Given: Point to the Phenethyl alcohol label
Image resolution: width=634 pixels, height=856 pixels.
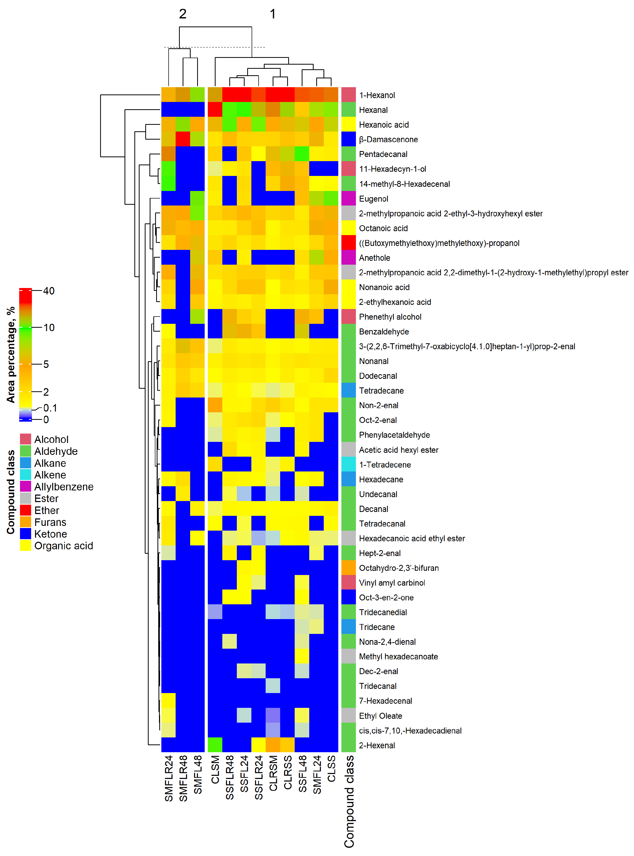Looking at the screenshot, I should point(390,317).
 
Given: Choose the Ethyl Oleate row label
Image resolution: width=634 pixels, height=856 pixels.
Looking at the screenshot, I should point(380,716).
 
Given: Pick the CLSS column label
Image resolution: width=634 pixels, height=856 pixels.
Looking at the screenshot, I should point(332,769).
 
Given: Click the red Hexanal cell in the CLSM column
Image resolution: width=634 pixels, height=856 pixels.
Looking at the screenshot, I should point(215,110).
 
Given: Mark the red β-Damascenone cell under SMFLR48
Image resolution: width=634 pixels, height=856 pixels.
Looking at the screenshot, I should point(183,139).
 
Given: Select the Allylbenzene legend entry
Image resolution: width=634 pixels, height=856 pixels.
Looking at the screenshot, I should point(64,487).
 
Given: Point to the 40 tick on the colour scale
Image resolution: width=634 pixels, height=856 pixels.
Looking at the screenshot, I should point(49,291).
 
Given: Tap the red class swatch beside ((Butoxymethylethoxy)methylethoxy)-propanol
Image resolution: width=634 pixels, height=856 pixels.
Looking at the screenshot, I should point(348,243).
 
